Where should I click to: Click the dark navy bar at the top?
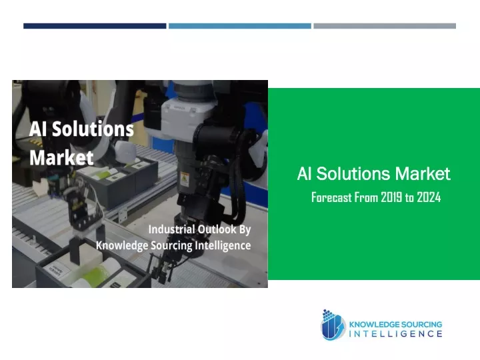(x=95, y=26)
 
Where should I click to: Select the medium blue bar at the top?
(x=240, y=26)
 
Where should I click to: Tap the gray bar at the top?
(x=385, y=26)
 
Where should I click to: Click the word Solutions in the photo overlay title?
(x=93, y=129)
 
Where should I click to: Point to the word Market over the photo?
(x=61, y=157)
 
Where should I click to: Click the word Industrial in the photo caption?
(x=171, y=229)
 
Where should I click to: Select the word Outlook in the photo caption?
(x=217, y=229)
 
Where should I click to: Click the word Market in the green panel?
(x=423, y=173)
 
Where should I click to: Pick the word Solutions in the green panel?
(x=353, y=173)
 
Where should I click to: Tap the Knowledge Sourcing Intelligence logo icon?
(x=333, y=325)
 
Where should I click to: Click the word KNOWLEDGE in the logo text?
(x=374, y=325)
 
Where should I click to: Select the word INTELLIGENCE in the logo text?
(x=395, y=334)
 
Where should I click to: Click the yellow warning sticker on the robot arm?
(x=185, y=179)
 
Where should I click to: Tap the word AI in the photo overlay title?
(x=38, y=129)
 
